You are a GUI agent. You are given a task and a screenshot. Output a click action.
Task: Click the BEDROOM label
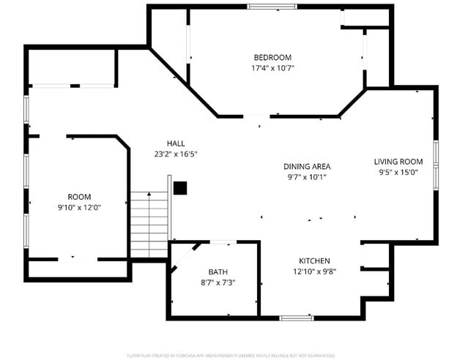(x=272, y=58)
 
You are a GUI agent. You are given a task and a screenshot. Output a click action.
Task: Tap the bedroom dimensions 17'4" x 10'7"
(x=272, y=68)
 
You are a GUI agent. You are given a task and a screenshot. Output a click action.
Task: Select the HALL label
(x=176, y=143)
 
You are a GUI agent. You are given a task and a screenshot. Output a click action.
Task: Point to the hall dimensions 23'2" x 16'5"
(x=176, y=154)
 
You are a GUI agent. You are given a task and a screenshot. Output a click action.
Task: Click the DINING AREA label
(x=307, y=166)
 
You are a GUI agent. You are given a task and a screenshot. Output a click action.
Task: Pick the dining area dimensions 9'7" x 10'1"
(x=307, y=176)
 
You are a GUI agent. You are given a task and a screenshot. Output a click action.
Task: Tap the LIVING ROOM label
(x=398, y=162)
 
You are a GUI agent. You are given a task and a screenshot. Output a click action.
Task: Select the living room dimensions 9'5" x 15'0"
(x=398, y=173)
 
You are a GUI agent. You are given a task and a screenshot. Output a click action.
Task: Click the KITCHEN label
(x=314, y=260)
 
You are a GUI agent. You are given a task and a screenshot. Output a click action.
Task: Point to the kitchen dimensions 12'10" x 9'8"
(x=314, y=271)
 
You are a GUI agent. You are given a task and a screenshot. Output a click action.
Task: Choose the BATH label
(x=217, y=271)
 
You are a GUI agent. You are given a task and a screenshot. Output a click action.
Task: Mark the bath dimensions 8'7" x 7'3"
(x=217, y=282)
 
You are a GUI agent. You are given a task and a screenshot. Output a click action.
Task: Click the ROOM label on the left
(x=79, y=197)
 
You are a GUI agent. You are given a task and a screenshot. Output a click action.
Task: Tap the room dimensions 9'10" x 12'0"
(x=79, y=207)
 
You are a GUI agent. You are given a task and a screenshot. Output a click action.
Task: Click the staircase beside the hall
(x=149, y=224)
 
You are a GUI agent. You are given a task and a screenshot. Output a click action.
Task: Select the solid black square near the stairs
(x=180, y=188)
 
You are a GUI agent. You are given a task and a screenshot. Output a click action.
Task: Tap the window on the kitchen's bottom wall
(x=297, y=318)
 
